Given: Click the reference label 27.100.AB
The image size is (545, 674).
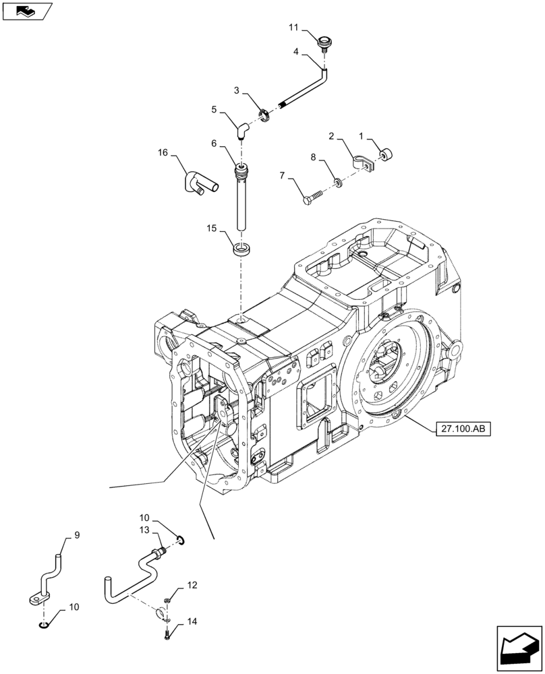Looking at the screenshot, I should tap(458, 427).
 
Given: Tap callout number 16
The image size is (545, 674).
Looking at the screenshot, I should tap(163, 153).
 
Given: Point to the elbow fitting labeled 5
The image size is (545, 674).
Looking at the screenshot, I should tap(241, 128).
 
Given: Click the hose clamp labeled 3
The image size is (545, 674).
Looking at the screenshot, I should tap(265, 115).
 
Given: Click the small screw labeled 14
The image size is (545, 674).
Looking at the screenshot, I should tap(167, 633).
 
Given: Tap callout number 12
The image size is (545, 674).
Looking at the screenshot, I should tap(192, 586).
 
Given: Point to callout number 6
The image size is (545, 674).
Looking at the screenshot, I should tap(213, 144).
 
